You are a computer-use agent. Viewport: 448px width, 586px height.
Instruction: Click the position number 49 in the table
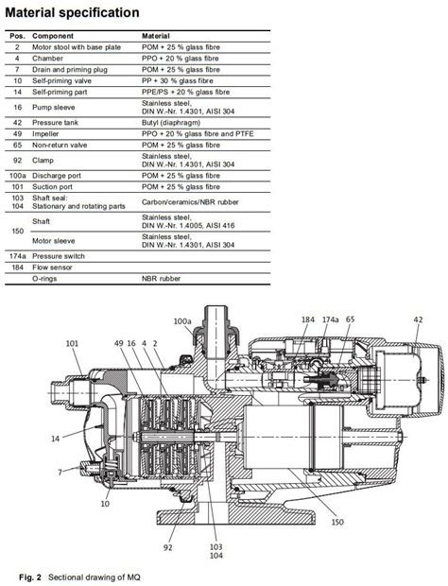pyautogui.click(x=17, y=135)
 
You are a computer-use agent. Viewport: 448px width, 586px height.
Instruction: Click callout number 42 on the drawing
pyautogui.click(x=417, y=321)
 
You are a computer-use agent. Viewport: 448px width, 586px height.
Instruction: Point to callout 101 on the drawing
pyautogui.click(x=72, y=343)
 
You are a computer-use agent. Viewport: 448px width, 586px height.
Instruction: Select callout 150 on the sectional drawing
pyautogui.click(x=337, y=519)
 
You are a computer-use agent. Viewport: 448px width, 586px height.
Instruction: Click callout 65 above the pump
pyautogui.click(x=352, y=321)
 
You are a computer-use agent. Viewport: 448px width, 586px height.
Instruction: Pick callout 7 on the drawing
pyautogui.click(x=59, y=471)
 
